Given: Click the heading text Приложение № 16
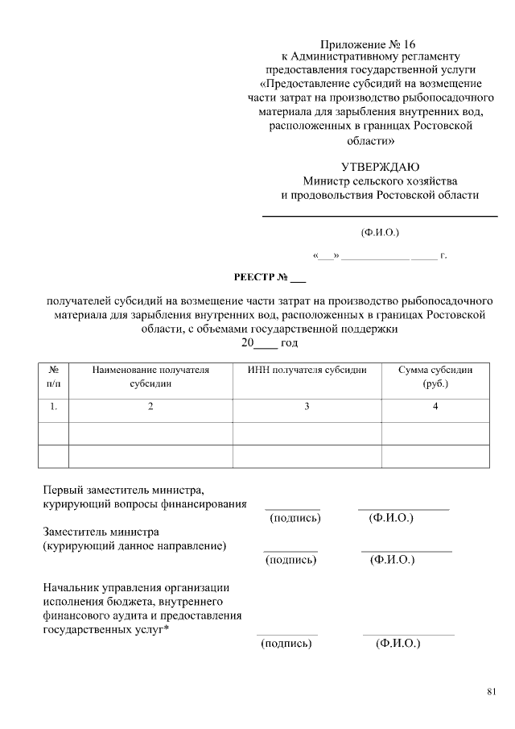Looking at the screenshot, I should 371,43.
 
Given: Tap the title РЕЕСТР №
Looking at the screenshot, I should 270,279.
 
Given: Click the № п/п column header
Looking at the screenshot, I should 53,377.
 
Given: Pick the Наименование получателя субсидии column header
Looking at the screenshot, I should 150,377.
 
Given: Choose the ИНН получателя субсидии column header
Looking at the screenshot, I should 307,371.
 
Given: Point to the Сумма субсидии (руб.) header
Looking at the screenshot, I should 435,377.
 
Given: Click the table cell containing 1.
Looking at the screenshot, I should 53,407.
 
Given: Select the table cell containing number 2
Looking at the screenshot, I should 150,407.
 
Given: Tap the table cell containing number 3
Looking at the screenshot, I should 307,407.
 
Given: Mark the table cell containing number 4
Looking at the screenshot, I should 435,407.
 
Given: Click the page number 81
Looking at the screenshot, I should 492,691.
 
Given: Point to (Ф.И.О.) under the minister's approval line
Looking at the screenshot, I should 380,233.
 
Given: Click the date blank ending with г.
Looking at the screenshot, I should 379,256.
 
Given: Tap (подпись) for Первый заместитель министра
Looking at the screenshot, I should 295,518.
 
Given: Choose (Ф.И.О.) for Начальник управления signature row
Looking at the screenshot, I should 398,644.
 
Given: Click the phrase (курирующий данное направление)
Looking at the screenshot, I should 134,545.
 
